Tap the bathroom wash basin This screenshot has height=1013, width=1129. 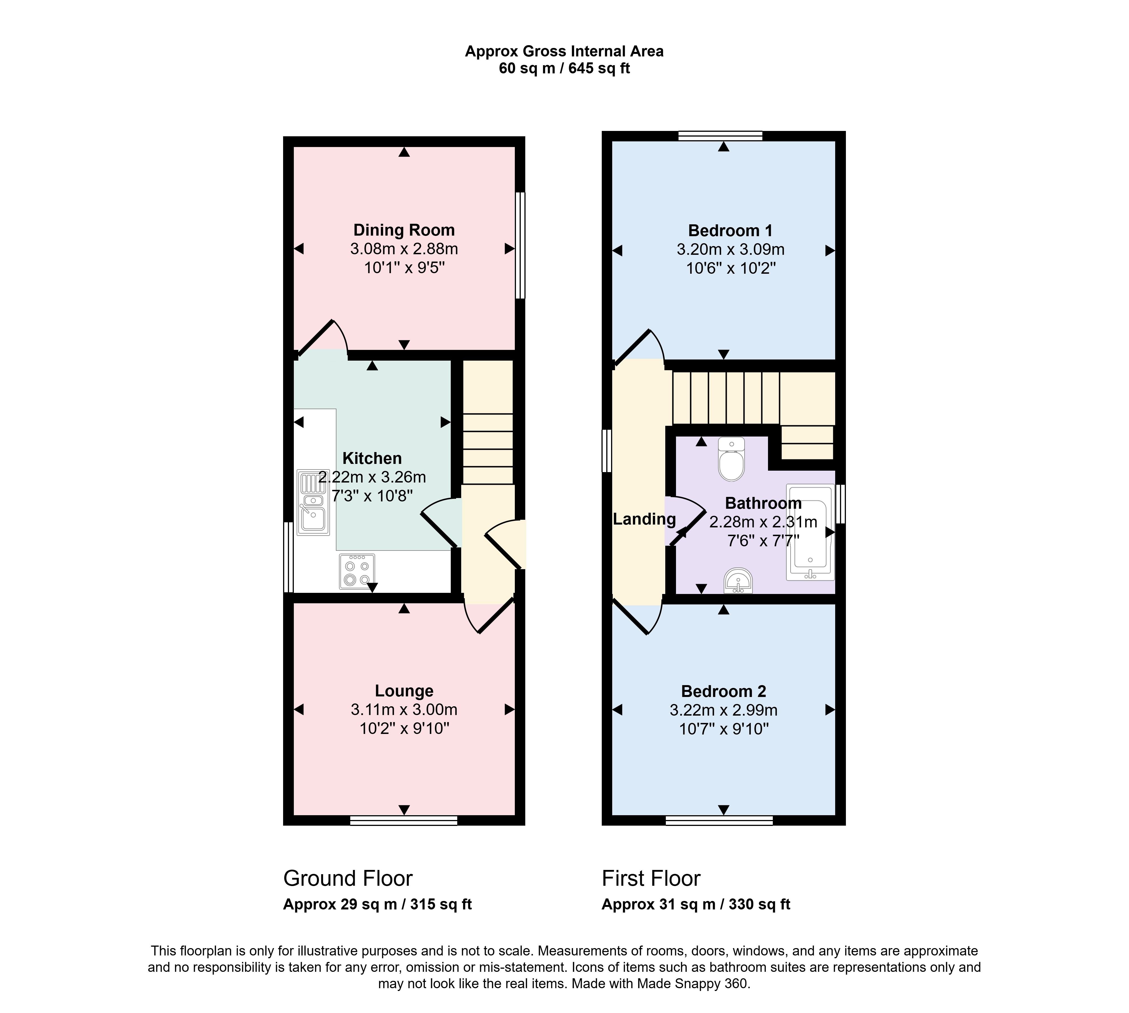pos(738,581)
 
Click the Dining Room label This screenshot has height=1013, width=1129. pos(404,230)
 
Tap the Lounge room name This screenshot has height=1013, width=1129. pos(404,691)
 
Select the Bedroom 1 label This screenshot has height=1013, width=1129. pos(730,231)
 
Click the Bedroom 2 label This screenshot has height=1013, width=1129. pos(724,691)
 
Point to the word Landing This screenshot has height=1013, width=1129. pos(644,519)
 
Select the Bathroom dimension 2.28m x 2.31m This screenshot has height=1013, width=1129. pos(763,522)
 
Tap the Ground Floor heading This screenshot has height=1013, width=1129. pos(348,878)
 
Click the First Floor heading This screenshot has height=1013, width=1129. pos(651,878)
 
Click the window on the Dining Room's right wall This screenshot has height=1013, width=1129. pos(520,245)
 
